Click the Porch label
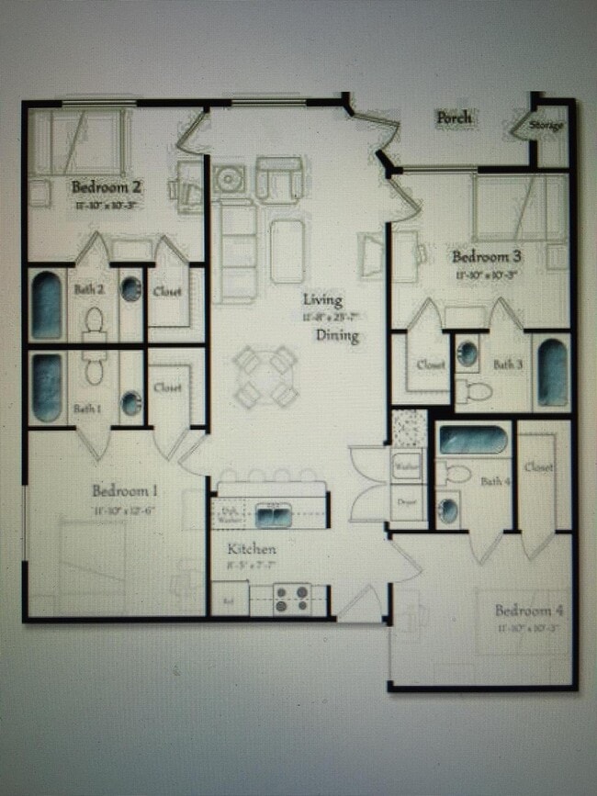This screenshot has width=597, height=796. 454,118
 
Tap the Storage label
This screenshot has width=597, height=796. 546,126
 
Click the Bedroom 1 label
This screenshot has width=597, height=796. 125,489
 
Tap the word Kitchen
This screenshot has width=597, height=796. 252,549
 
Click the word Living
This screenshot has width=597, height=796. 322,299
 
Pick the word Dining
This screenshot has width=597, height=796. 337,336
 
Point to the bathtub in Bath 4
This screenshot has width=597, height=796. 472,441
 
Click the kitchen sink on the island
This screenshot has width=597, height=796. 273,515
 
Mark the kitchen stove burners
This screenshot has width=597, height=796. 291,600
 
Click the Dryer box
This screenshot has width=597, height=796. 406,502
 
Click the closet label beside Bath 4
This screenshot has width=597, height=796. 538,467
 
